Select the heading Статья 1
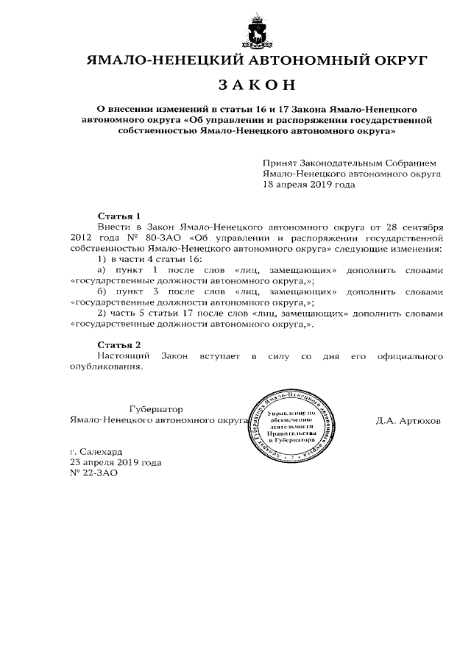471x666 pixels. [118, 216]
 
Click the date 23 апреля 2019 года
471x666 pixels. [115, 462]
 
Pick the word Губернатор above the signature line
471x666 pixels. [155, 409]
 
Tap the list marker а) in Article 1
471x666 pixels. [102, 270]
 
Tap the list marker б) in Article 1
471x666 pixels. [102, 291]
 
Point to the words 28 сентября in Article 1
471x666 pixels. [408, 227]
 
